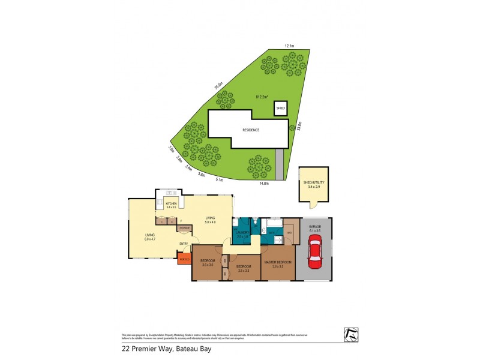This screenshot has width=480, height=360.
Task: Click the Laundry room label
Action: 242,232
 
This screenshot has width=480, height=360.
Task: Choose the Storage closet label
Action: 184,228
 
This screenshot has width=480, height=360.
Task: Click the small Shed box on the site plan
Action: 280,109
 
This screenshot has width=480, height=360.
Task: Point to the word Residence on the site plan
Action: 251,130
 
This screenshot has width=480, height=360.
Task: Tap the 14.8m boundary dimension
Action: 263,183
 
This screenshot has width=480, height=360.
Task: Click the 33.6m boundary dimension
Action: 299,126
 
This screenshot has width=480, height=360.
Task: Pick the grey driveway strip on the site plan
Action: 279,163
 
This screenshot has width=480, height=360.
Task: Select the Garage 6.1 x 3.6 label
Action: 314,229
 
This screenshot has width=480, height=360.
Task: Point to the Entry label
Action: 184,243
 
